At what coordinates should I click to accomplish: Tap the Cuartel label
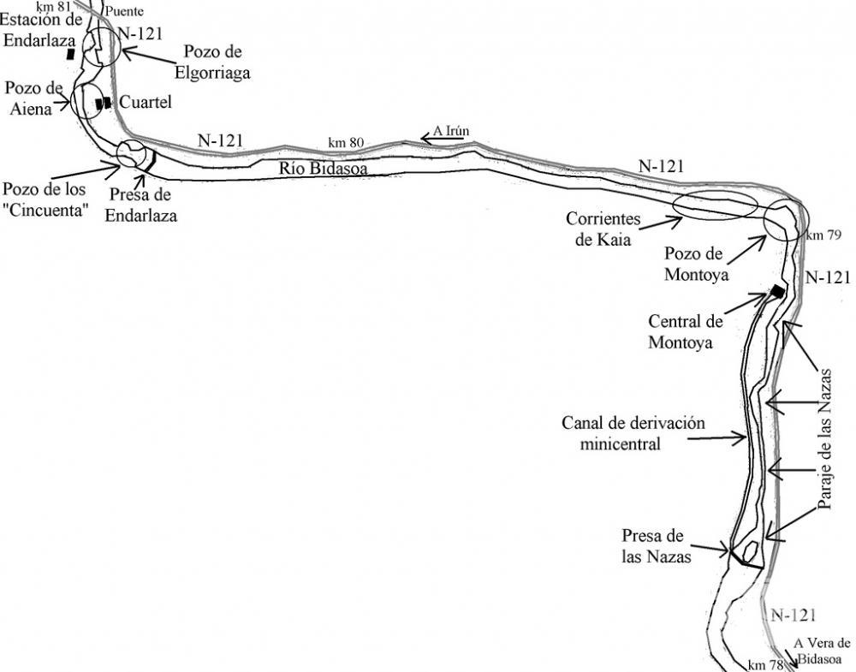[146, 102]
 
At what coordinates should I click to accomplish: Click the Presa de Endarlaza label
[141, 205]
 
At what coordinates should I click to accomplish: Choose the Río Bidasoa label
[323, 169]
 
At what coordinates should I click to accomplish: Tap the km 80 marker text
[346, 142]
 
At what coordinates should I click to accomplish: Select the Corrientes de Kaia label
[603, 229]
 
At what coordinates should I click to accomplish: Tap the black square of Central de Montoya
[777, 291]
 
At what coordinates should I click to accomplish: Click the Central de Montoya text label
[685, 330]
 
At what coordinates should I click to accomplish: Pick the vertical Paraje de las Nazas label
[825, 438]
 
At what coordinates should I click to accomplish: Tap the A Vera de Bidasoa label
[821, 651]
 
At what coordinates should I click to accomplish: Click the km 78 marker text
[764, 665]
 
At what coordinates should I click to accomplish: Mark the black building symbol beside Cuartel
[103, 103]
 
